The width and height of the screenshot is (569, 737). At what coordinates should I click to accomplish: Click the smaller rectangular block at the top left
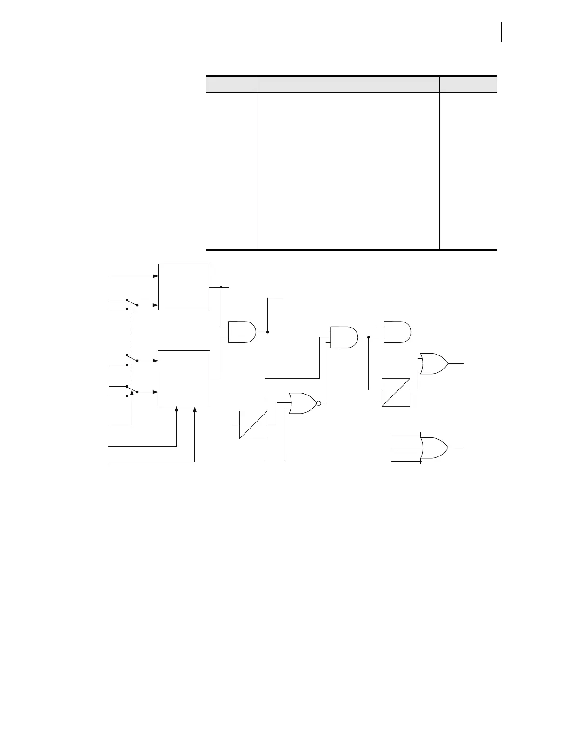[x=184, y=287]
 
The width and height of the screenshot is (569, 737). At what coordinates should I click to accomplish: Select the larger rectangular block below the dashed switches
[x=184, y=378]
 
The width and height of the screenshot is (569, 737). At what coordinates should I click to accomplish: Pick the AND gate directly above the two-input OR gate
[x=397, y=332]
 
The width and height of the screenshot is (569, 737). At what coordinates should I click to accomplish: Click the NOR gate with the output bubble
[x=302, y=403]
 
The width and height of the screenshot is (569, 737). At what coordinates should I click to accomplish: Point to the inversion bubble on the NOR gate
[x=318, y=403]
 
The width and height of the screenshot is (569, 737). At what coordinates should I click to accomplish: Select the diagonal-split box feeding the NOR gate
[x=253, y=425]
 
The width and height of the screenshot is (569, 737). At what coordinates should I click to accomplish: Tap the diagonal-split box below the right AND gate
[x=396, y=393]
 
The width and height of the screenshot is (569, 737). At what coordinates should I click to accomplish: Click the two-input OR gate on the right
[x=433, y=363]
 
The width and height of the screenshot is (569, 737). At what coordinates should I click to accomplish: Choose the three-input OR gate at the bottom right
[x=434, y=448]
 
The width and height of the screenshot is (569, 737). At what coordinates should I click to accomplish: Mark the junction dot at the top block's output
[x=221, y=287]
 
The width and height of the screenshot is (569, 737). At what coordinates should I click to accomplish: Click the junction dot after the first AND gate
[x=267, y=332]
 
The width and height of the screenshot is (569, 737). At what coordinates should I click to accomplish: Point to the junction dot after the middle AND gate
[x=368, y=337]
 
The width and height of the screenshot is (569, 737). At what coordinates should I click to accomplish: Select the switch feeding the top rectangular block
[x=132, y=303]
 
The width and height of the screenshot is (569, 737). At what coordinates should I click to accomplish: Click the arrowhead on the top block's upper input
[x=156, y=276]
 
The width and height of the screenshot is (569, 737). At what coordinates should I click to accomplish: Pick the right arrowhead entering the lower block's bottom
[x=194, y=409]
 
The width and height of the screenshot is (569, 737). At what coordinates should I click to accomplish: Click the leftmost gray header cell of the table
[x=232, y=84]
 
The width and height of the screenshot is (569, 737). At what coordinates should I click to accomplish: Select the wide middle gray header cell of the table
[x=348, y=84]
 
